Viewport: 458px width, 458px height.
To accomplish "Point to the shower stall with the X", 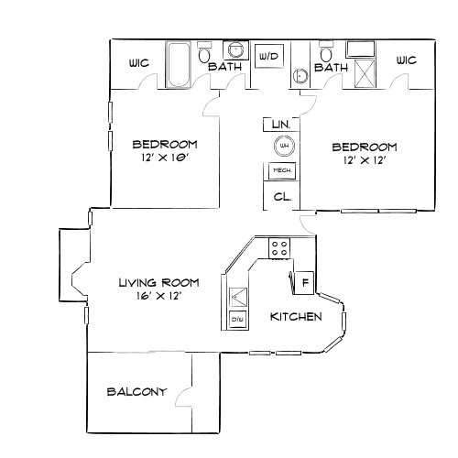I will (364, 66).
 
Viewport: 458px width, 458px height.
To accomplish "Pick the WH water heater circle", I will (283, 146).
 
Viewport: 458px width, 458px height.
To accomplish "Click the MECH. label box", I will (281, 171).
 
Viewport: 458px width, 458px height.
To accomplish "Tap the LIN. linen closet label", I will (280, 124).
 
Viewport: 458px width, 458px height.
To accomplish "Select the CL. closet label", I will (282, 197).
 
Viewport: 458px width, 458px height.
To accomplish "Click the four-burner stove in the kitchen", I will (279, 246).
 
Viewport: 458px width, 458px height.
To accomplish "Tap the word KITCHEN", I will (295, 317).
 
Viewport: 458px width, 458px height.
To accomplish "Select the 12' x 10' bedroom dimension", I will (165, 158).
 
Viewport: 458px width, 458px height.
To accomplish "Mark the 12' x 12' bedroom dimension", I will (364, 161).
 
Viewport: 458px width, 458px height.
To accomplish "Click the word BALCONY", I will (136, 392).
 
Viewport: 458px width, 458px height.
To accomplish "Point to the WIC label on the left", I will (138, 63).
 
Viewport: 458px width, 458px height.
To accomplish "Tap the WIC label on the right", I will (406, 60).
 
